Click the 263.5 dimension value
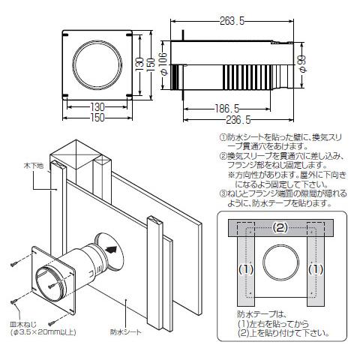(232, 21)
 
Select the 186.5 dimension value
(227, 109)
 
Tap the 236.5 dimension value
(238, 120)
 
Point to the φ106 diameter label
(163, 64)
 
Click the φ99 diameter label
(302, 64)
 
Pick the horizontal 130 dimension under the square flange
(97, 107)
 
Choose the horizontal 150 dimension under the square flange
(97, 118)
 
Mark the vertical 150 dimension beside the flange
(151, 64)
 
